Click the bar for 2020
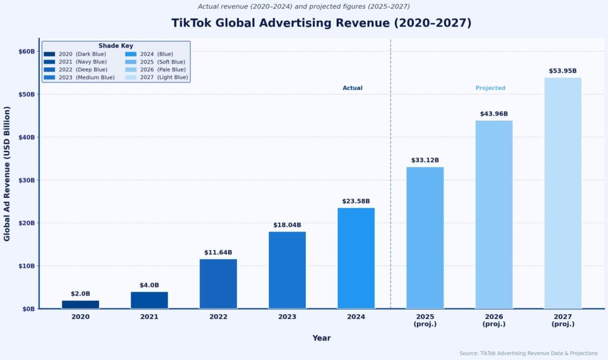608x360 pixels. point(80,304)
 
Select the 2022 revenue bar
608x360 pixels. point(218,284)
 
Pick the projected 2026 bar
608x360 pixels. point(493,214)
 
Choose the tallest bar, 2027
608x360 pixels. point(562,193)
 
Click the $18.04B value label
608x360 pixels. point(287,225)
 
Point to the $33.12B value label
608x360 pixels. point(425,160)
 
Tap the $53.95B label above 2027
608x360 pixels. point(562,71)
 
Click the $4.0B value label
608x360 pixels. point(149,285)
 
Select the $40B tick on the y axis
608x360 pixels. point(27,137)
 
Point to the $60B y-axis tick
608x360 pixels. point(27,52)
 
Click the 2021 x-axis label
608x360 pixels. point(149,317)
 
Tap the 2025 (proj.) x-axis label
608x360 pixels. point(425,320)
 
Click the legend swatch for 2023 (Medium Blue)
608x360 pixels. point(49,77)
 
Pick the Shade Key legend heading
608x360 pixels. point(116,46)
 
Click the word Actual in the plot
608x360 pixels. point(352,88)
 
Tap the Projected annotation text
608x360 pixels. point(490,88)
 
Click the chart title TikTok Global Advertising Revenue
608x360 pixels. point(321,23)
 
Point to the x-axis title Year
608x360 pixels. point(321,338)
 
